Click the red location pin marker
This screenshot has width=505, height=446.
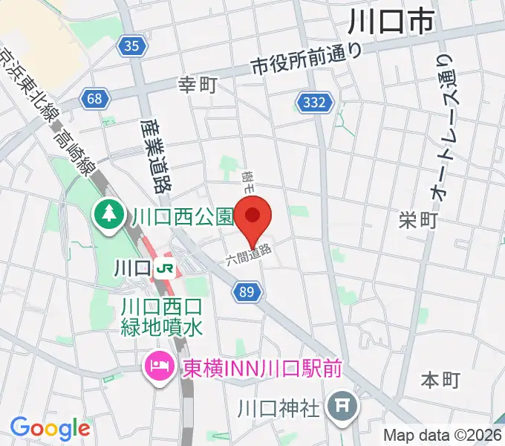click(x=253, y=218)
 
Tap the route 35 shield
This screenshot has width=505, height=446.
click(x=131, y=47)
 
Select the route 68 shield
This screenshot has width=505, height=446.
click(x=94, y=98)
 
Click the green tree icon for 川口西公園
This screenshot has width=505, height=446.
click(x=109, y=216)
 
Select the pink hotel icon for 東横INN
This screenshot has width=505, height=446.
click(x=158, y=366)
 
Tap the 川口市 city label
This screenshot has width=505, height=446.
click(x=391, y=22)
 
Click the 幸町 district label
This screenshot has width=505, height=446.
click(x=198, y=85)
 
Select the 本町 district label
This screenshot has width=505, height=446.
click(x=441, y=380)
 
